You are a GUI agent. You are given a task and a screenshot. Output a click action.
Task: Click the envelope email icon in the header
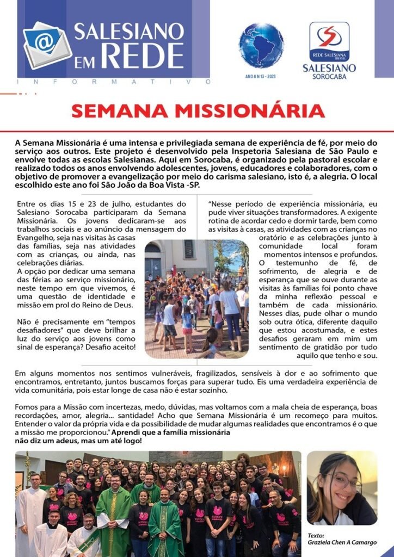46,45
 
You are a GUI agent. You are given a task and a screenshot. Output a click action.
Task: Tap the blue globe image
261,46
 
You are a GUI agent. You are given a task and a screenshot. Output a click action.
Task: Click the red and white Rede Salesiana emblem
329,40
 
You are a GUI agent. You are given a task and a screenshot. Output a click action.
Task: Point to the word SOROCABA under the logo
329,77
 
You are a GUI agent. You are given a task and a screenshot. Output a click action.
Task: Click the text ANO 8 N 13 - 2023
261,77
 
